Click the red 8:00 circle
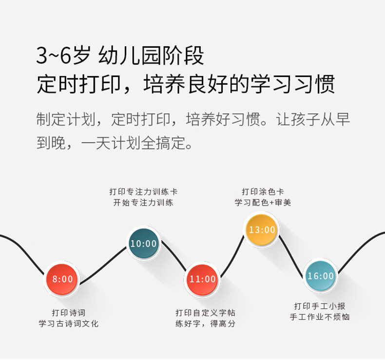(62, 279)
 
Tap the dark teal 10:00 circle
(143, 244)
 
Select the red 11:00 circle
(202, 279)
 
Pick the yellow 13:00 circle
(262, 229)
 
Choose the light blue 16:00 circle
(320, 276)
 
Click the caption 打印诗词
(69, 312)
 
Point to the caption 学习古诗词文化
(69, 323)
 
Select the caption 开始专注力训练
(143, 203)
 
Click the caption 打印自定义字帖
(206, 312)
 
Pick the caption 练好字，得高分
(206, 323)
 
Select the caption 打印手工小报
(320, 306)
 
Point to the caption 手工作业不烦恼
(320, 317)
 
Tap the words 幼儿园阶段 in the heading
(151, 57)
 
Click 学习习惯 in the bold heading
(292, 84)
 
